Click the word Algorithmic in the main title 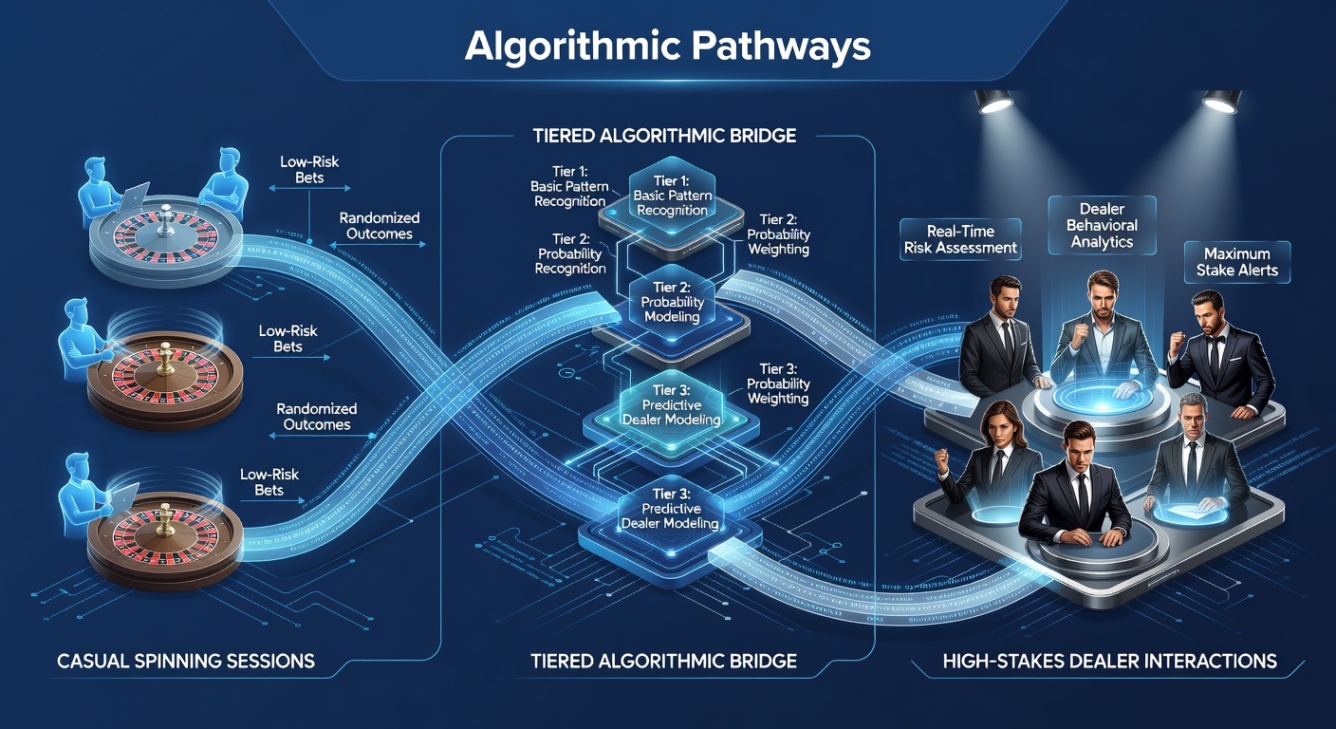coord(572,46)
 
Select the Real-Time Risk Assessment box coord(960,240)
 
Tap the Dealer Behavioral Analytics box coord(1102,226)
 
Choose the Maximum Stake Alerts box coord(1237,262)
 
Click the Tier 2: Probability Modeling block coord(672,303)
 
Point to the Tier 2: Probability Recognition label coord(570,253)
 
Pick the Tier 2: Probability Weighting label coord(778,234)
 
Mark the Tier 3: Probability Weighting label coord(778,383)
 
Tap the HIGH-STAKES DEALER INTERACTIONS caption coord(1110,661)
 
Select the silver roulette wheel coord(166,243)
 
